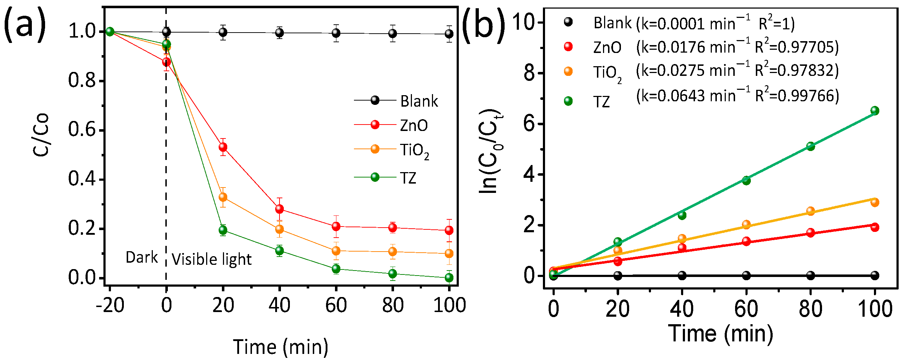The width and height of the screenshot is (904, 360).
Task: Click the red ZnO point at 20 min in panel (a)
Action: [x=223, y=147]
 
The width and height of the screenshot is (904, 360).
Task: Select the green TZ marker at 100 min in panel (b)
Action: [x=875, y=111]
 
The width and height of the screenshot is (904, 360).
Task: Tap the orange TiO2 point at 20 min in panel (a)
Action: [x=223, y=197]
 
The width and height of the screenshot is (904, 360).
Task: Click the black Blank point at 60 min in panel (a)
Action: [x=336, y=33]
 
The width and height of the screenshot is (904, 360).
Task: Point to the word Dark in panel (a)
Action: [x=142, y=257]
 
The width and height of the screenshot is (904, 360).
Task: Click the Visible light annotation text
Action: [x=212, y=259]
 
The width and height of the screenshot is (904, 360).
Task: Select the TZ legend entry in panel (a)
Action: [x=408, y=178]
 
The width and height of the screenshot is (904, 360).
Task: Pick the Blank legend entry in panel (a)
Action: [x=419, y=101]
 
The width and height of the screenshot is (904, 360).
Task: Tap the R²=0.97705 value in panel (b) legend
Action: [x=797, y=47]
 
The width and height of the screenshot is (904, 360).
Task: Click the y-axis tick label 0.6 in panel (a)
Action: [x=82, y=130]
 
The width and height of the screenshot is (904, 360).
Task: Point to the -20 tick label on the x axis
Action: [x=110, y=306]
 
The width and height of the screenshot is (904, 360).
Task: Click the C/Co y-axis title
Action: [x=40, y=135]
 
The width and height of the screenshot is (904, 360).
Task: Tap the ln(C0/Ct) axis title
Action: [x=490, y=151]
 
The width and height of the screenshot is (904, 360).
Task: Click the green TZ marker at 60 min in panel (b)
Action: [x=746, y=180]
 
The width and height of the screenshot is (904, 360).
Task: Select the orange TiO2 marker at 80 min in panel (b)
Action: [x=811, y=211]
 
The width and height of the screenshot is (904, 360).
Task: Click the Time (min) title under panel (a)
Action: [x=281, y=347]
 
